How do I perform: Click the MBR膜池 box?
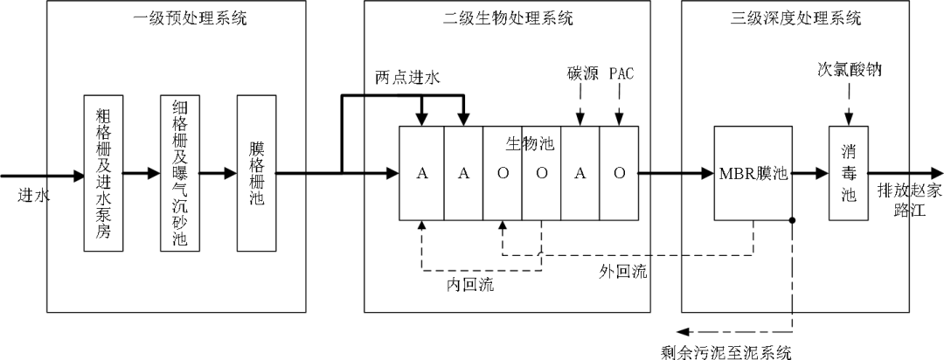753,173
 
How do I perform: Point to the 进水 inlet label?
34,195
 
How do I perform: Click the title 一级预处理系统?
177,17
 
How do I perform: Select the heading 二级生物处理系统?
506,17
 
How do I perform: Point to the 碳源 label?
582,73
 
